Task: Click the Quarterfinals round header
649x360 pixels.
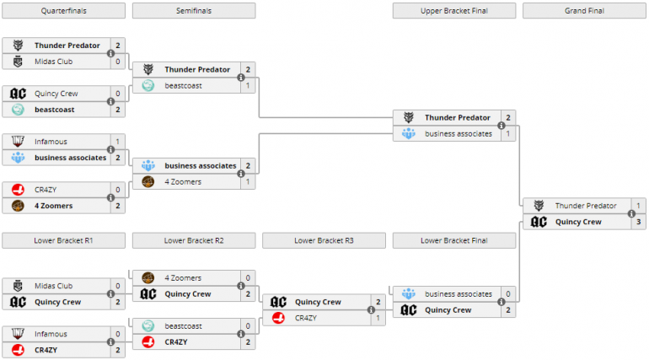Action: click(64, 11)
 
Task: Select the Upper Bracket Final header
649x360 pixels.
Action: click(454, 11)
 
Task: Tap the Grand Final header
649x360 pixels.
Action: click(584, 11)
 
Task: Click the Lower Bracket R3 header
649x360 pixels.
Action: click(324, 240)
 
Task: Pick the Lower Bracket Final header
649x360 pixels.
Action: click(454, 240)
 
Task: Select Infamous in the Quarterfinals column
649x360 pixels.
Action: click(51, 142)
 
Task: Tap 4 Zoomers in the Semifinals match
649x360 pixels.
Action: click(183, 181)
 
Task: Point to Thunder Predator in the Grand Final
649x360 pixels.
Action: click(586, 206)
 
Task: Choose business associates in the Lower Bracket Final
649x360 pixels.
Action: click(459, 293)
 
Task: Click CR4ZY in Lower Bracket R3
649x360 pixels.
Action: click(306, 318)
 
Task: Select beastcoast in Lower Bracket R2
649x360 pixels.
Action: click(183, 325)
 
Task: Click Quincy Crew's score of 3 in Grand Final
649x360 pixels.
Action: click(639, 222)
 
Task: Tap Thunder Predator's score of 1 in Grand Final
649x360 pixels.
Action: click(639, 206)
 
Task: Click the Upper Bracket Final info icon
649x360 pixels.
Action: click(501, 126)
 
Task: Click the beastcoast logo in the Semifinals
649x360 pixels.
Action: click(147, 85)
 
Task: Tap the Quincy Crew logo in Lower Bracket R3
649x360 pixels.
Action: click(278, 302)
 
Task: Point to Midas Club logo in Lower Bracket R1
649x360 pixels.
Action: click(18, 286)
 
